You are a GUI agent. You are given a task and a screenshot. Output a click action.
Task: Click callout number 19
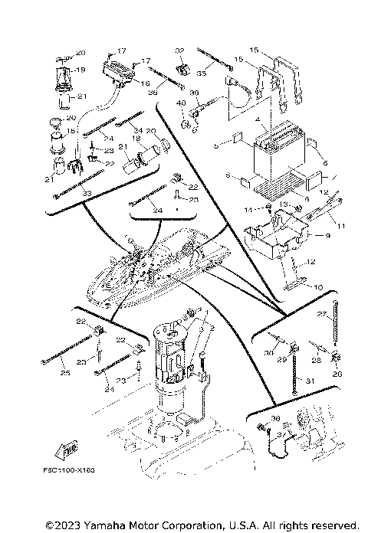click(x=80, y=69)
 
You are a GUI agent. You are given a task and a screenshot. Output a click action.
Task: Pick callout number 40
click(x=182, y=103)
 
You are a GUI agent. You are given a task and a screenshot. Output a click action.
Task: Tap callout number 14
click(x=248, y=208)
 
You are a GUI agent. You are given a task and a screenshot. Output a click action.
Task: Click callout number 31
click(x=310, y=381)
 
